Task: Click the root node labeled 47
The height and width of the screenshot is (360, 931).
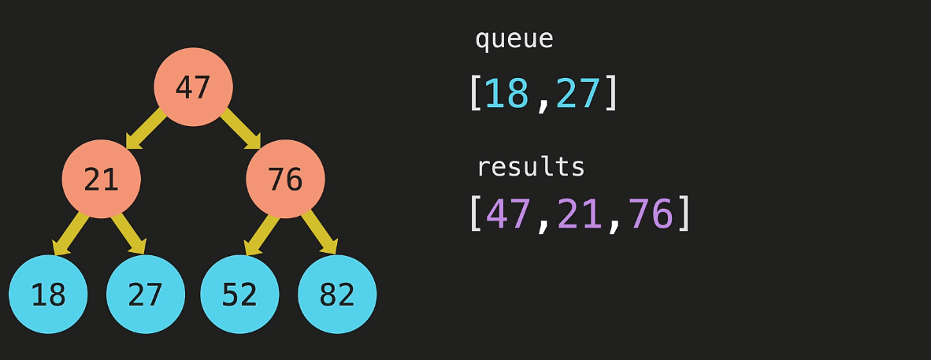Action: (193, 87)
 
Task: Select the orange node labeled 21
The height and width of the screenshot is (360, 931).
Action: (101, 180)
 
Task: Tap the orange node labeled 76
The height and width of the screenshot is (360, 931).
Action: (285, 180)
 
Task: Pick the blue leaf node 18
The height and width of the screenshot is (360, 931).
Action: (48, 295)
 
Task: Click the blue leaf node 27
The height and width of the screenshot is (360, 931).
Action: (146, 295)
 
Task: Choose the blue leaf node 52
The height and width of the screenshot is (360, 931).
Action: (239, 295)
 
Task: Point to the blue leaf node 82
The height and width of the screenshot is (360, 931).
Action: (337, 295)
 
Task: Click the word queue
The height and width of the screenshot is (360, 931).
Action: (514, 39)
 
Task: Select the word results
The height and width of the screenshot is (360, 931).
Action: (531, 167)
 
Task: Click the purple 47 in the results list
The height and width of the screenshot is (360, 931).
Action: (508, 213)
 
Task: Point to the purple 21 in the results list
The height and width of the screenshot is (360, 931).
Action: (580, 213)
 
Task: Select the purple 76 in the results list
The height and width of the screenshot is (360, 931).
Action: (651, 213)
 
